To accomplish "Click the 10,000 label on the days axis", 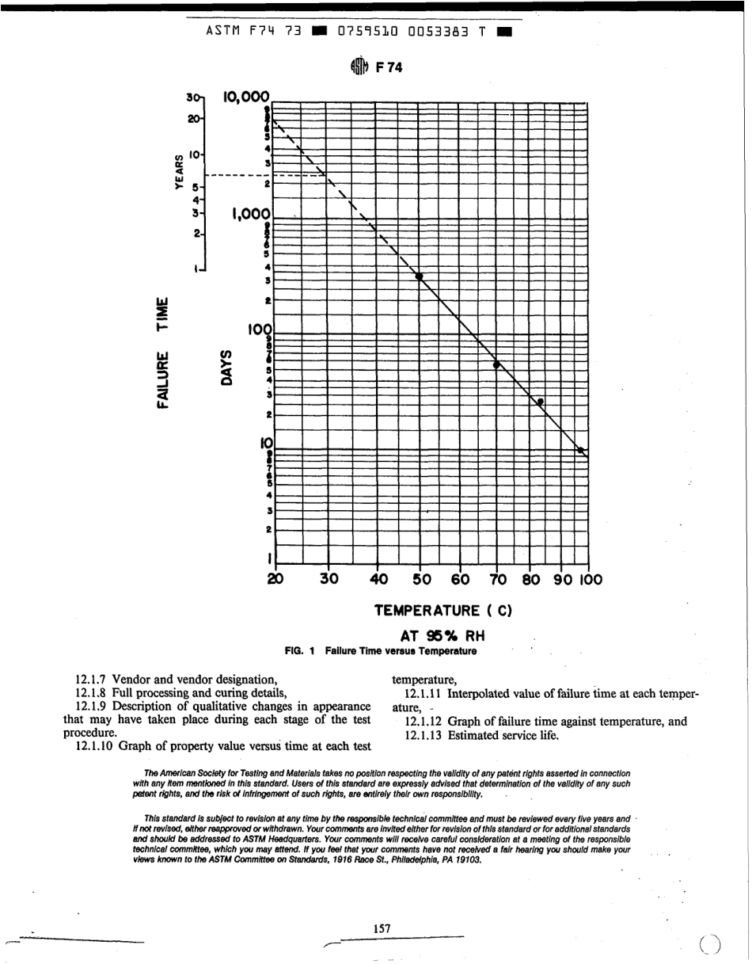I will [x=246, y=97].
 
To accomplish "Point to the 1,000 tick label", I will [x=252, y=214].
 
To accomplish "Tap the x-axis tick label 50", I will [x=420, y=579].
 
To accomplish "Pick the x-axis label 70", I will [x=496, y=579].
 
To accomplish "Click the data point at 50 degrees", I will [x=420, y=276].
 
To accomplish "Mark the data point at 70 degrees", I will [x=496, y=365].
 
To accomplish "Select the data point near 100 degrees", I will [x=582, y=451].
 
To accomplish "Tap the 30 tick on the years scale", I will [x=190, y=97].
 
